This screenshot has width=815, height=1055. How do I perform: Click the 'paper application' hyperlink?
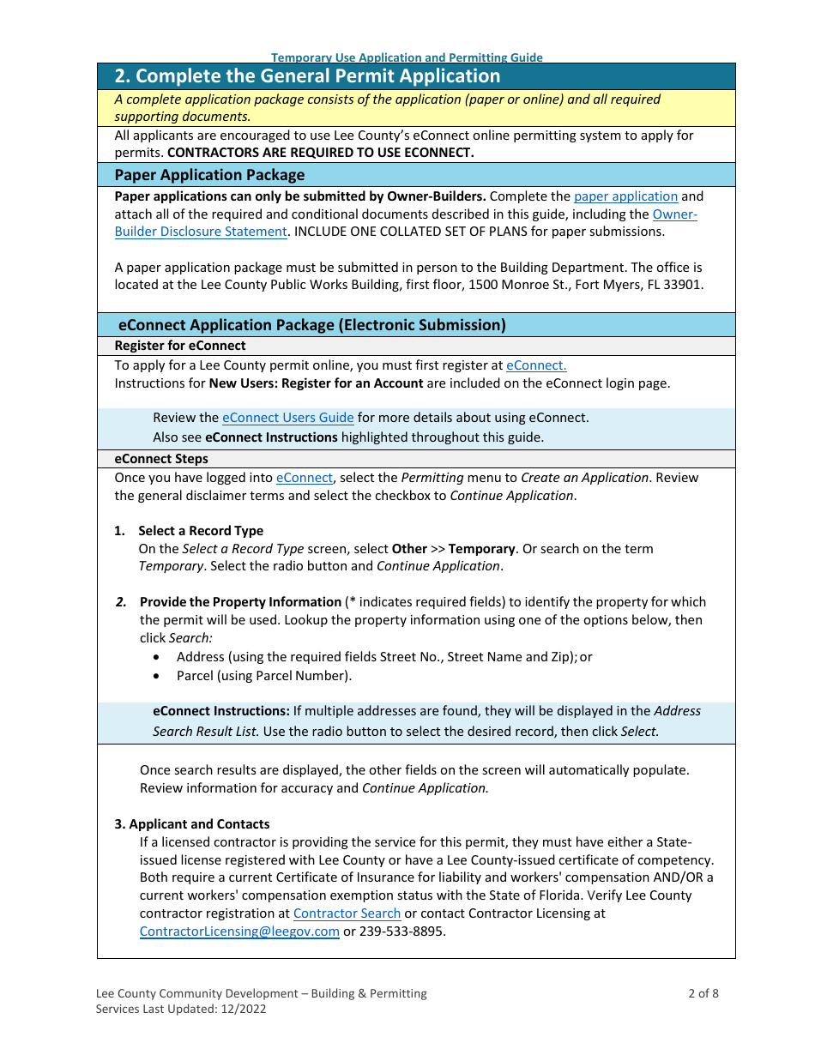click(625, 196)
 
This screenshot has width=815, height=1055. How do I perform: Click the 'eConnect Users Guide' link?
click(287, 418)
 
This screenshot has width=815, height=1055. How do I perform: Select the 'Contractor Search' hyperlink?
click(347, 913)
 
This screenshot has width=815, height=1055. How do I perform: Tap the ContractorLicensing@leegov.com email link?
click(239, 931)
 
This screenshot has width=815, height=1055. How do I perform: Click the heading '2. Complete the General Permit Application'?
click(307, 76)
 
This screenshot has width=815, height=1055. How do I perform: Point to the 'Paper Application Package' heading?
click(209, 175)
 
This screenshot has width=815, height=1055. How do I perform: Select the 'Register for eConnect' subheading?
click(180, 346)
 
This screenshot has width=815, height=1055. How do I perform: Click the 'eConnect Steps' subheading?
click(161, 459)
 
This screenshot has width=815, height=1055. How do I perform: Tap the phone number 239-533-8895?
click(402, 931)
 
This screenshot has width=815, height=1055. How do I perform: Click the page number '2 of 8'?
click(703, 993)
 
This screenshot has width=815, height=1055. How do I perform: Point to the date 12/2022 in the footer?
click(243, 1009)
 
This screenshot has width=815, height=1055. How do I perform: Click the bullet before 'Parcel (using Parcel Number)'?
click(155, 676)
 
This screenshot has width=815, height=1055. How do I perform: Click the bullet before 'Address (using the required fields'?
click(155, 657)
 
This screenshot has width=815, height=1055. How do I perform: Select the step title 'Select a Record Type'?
click(201, 531)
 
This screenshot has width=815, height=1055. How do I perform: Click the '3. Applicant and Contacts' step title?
click(192, 824)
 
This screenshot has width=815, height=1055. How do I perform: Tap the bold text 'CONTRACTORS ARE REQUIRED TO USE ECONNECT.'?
click(320, 153)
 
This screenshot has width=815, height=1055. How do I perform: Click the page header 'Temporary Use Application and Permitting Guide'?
click(407, 57)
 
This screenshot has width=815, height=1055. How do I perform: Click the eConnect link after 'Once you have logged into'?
click(304, 478)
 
